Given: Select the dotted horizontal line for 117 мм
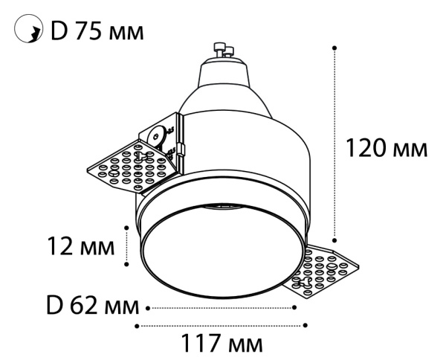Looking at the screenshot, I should click(x=222, y=325).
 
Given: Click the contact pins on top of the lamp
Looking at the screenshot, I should click(x=224, y=51).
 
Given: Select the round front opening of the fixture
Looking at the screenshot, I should click(x=222, y=253).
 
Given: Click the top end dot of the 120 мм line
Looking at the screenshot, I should click(x=335, y=47).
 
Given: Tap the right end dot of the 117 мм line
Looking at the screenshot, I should click(x=306, y=325).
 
